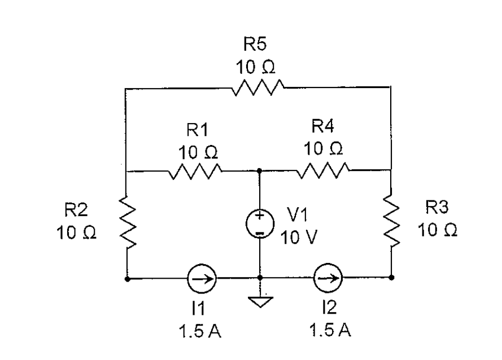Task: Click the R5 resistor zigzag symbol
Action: coord(257,87)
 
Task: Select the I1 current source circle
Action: coord(200,278)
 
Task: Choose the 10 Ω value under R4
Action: coord(322,150)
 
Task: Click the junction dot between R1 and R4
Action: coord(259,170)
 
